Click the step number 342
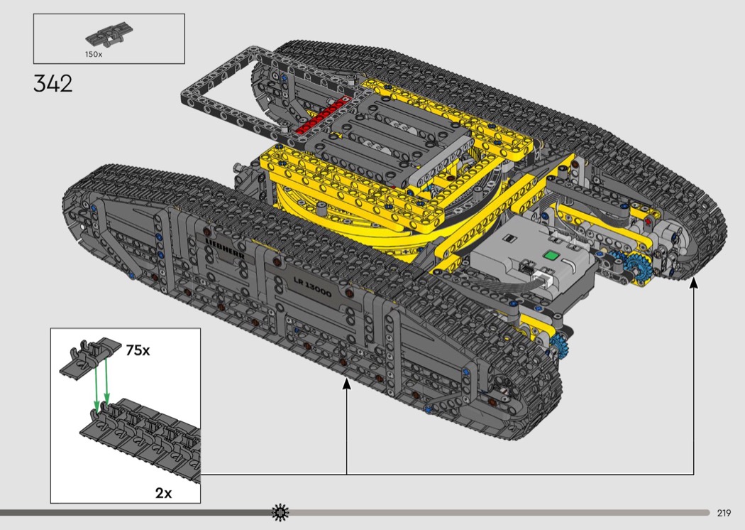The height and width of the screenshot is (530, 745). point(53,84)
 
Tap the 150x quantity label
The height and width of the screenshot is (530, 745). point(94,54)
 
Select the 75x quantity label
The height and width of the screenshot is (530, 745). point(138,351)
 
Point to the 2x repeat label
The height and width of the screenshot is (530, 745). point(163,493)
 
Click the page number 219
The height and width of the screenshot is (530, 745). point(724,513)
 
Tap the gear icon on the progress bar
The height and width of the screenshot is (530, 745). point(280,512)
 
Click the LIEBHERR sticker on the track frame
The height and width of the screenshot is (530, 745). point(225,248)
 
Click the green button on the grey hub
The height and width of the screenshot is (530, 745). point(551,256)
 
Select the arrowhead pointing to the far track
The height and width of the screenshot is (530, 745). point(694,283)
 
